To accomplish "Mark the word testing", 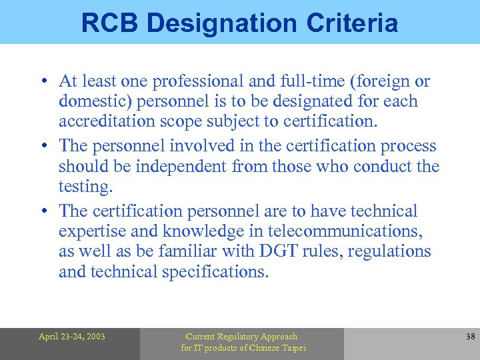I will [x=85, y=187].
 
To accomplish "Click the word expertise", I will [x=90, y=231].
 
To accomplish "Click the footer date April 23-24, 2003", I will [x=71, y=337].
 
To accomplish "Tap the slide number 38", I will [x=470, y=337].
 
